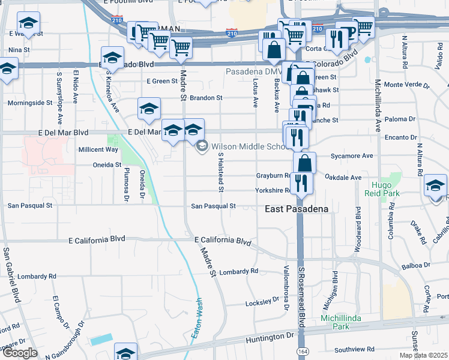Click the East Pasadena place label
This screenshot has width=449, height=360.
(x=297, y=209)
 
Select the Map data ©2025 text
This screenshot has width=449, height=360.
(x=424, y=355)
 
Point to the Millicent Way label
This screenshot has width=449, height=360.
(x=98, y=149)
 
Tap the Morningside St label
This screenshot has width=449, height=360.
(x=30, y=103)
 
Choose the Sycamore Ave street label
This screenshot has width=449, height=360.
(x=352, y=156)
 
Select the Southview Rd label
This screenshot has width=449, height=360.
(x=355, y=349)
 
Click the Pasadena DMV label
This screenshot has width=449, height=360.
(x=247, y=71)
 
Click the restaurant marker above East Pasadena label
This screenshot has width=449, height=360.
(x=301, y=183)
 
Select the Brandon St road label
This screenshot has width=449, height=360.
(x=206, y=97)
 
